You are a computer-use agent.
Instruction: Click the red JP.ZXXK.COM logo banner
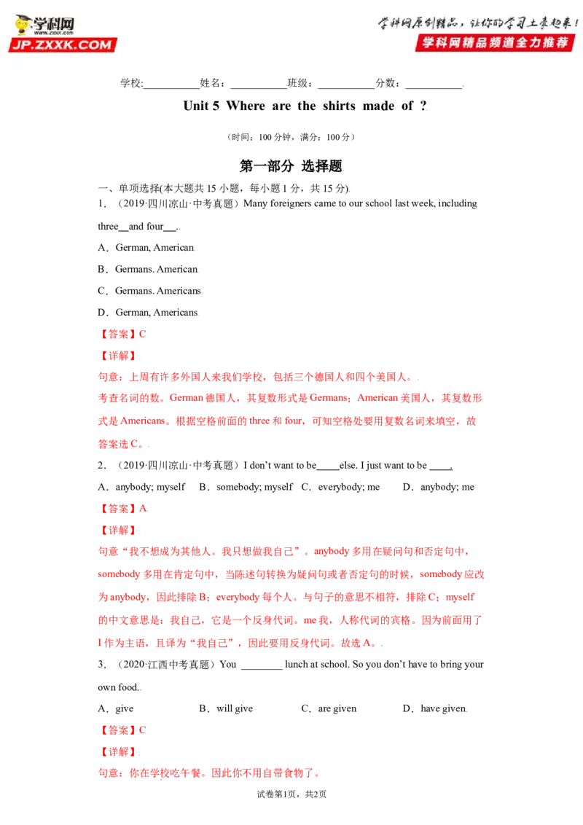pos(63,44)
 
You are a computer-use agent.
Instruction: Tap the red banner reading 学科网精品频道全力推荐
pos(495,42)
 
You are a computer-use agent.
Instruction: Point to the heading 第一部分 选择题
pos(291,166)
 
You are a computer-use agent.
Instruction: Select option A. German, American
pos(146,247)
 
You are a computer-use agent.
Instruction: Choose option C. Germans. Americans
pos(149,291)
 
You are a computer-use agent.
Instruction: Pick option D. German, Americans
pos(148,313)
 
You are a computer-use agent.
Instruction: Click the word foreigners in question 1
pos(291,203)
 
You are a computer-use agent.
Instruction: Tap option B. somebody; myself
pos(246,488)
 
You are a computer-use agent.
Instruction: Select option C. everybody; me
pos(340,488)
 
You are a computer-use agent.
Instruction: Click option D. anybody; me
pos(438,488)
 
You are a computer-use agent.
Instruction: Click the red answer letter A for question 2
pos(143,508)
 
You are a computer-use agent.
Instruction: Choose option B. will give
pos(226,708)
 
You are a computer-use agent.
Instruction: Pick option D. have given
pos(434,708)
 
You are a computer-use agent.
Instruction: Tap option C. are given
pos(329,708)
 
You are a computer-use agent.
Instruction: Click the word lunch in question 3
pos(296,665)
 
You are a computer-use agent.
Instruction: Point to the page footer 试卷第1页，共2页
pos(291,794)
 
